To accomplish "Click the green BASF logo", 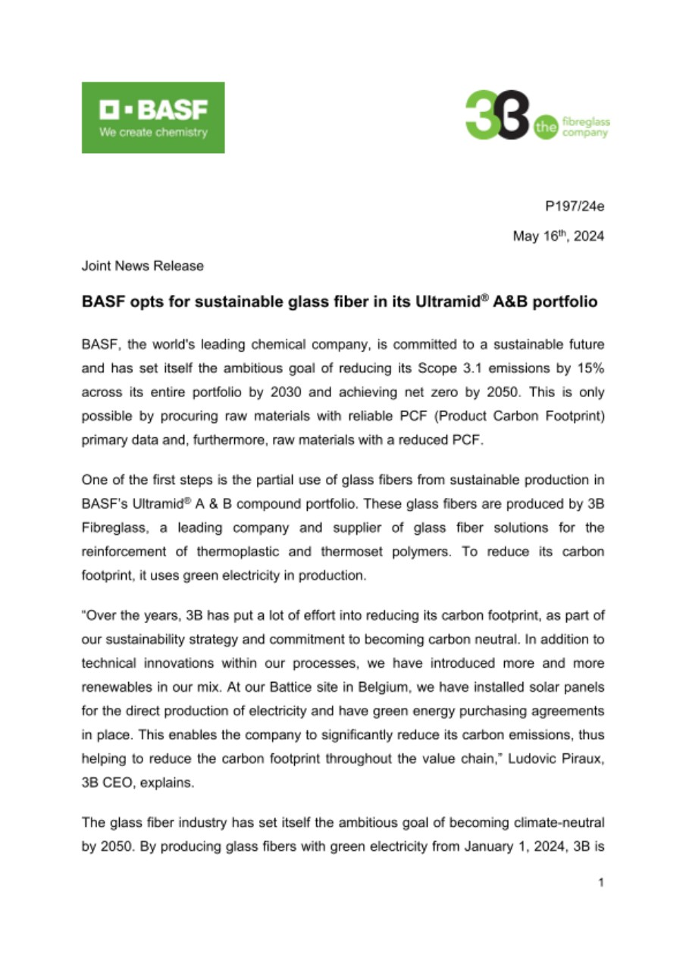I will click(153, 117).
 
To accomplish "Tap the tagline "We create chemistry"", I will click(153, 132).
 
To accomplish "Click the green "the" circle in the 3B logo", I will click(545, 127).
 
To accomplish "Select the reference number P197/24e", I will click(575, 207).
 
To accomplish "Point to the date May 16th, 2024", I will click(559, 236).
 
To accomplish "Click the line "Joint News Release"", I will click(143, 266).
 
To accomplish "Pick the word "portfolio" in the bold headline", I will click(562, 302).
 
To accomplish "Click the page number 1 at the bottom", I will click(600, 882).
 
